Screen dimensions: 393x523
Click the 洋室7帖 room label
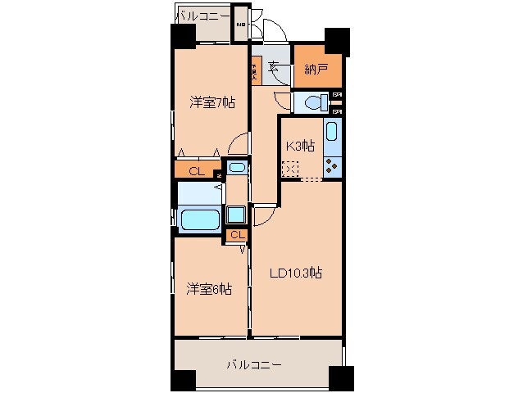pyautogui.click(x=212, y=102)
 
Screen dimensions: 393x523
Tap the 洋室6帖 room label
pyautogui.click(x=207, y=288)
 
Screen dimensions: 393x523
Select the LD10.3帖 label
pyautogui.click(x=295, y=273)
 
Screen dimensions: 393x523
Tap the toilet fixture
pyautogui.click(x=311, y=102)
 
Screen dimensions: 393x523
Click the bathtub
pyautogui.click(x=199, y=219)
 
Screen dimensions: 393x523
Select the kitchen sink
pyautogui.click(x=331, y=131)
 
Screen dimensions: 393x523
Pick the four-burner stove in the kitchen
pyautogui.click(x=332, y=165)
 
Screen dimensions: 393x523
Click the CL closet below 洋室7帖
pyautogui.click(x=195, y=171)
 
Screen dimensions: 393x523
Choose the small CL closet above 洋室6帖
pyautogui.click(x=236, y=235)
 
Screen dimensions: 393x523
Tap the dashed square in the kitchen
pyautogui.click(x=289, y=169)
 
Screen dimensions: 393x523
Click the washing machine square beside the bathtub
pyautogui.click(x=236, y=214)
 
